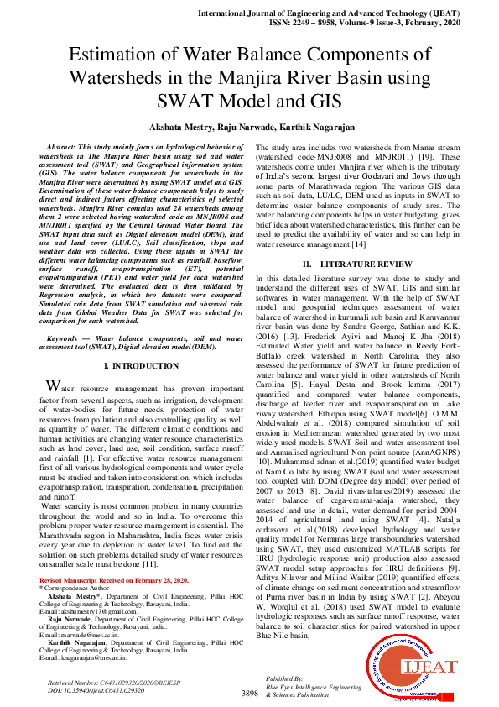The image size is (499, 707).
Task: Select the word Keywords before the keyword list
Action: [x=70, y=337]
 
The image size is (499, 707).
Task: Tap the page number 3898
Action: [x=249, y=693]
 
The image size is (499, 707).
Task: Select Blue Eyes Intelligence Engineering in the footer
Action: [x=309, y=686]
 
